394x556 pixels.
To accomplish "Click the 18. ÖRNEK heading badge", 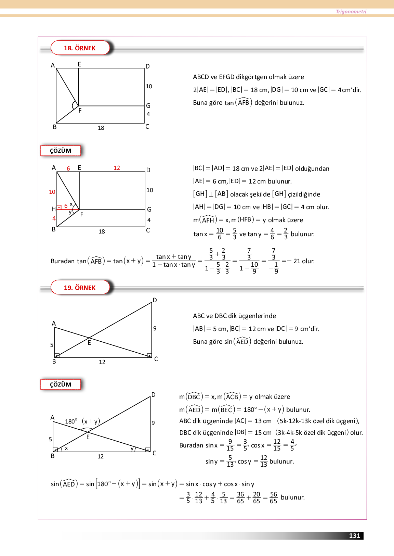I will coord(80,48).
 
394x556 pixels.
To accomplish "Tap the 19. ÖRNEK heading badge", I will coord(80,288).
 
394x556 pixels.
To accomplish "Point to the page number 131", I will coord(355,535).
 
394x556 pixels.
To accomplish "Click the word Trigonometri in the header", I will coord(351,12).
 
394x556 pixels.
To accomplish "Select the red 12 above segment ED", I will coord(117,168).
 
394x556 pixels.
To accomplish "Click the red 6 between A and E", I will coord(68,168).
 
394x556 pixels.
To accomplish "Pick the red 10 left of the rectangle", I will coord(52,192).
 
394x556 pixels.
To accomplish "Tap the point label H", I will coord(53,209).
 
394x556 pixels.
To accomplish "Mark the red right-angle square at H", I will coord(59,207).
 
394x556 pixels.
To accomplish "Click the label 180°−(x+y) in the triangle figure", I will coord(82,421).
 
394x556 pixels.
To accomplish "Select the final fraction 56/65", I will coord(274,497).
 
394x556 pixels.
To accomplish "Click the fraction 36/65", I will coord(240,497).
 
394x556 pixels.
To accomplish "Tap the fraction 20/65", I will coord(257,497).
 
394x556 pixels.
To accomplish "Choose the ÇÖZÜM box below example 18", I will coord(61,151).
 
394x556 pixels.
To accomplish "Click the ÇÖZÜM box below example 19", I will coord(61,384).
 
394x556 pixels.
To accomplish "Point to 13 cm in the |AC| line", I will coord(263,421).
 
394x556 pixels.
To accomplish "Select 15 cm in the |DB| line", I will coord(263,432).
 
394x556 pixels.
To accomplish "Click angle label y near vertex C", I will coord(132,448).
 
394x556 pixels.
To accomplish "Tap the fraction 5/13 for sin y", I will coord(230,461).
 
